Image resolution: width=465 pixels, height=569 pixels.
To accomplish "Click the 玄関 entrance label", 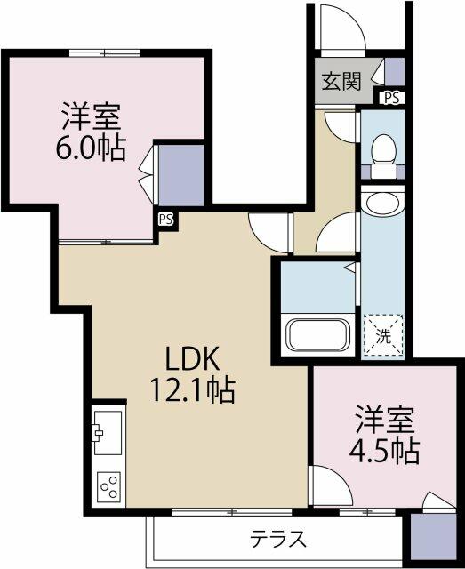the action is coord(341,81).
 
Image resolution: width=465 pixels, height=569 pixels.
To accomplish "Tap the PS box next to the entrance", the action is coord(392,97).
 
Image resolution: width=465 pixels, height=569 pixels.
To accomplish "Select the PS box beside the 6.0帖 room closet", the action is coord(166,219).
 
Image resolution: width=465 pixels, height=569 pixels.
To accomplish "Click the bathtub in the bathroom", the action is coord(317,334).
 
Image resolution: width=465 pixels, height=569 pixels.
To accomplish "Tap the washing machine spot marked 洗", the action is coord(383,335).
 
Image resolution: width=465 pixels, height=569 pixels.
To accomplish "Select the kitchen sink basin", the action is coord(108,433).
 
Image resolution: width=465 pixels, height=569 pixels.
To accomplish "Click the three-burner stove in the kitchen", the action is coord(108,486).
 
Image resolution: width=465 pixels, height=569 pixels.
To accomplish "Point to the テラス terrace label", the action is coord(278,539).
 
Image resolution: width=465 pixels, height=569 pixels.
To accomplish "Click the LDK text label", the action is coord(192,358).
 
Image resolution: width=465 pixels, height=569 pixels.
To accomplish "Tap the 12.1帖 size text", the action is coord(192,390).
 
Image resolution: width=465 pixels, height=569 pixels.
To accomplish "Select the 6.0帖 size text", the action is coord(91,148).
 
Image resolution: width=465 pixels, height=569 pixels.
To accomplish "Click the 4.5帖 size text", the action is coord(384,452).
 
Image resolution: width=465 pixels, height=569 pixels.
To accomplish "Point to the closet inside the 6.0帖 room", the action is coord(181,175).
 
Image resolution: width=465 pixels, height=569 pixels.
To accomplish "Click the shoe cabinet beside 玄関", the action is coord(394,71).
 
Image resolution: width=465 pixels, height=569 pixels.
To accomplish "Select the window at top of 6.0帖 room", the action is coord(105,53).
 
